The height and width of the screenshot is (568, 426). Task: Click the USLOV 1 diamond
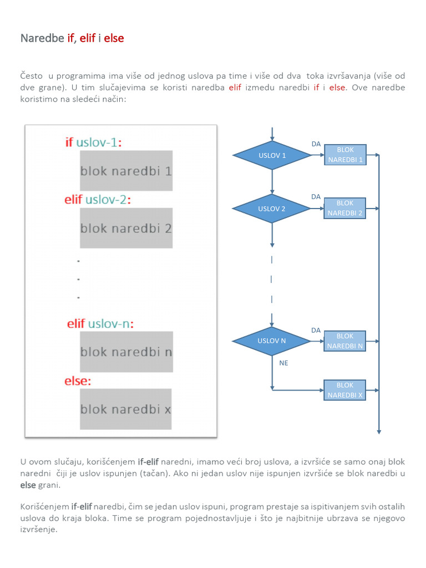coord(272,155)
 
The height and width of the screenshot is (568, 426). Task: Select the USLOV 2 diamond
coord(272,209)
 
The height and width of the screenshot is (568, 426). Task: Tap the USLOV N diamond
coord(272,341)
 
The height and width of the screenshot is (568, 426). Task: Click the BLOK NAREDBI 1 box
coord(345,155)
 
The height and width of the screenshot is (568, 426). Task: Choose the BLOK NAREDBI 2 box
coord(345,208)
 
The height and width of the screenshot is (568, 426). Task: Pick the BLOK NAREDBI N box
coord(345,341)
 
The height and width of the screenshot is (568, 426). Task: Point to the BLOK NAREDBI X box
coord(345,390)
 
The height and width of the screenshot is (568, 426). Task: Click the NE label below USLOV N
coord(284,363)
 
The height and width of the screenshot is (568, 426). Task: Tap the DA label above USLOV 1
coord(316,144)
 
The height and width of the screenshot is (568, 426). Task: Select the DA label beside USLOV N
coord(316,330)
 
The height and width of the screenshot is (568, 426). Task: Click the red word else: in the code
coord(78,381)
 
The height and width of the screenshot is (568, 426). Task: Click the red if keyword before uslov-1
coord(69,142)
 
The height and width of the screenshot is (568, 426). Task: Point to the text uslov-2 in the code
coord(106,200)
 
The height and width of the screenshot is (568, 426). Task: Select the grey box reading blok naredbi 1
coord(126,171)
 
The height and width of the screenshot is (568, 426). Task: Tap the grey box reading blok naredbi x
coord(126,409)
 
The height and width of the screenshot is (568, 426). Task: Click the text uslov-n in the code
coord(109,323)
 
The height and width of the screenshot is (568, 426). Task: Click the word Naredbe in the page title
coord(42,38)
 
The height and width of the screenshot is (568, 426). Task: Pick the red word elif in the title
coord(87,38)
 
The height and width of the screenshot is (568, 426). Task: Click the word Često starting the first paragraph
coord(32,75)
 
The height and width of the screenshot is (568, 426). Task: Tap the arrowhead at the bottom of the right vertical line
coord(379,430)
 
